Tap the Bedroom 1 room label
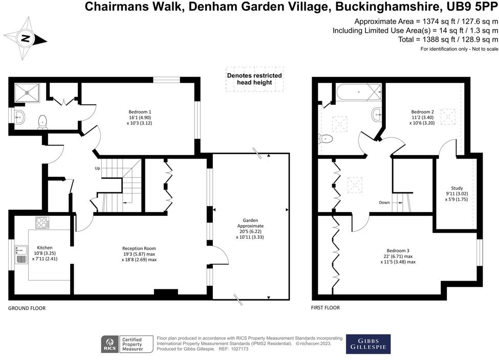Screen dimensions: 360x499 tap(139, 117)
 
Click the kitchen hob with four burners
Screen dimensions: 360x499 tap(42, 223)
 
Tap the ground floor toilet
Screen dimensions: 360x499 tap(43, 121)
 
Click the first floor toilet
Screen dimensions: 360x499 tap(326, 139)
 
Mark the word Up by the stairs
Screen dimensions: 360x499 tap(97, 168)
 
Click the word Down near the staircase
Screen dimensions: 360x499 tap(384, 202)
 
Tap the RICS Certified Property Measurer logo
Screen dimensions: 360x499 tap(128, 344)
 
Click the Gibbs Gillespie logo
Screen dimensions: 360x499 tap(368, 344)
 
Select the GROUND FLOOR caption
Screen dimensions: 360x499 tap(27, 308)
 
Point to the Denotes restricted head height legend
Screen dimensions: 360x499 tap(254, 79)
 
